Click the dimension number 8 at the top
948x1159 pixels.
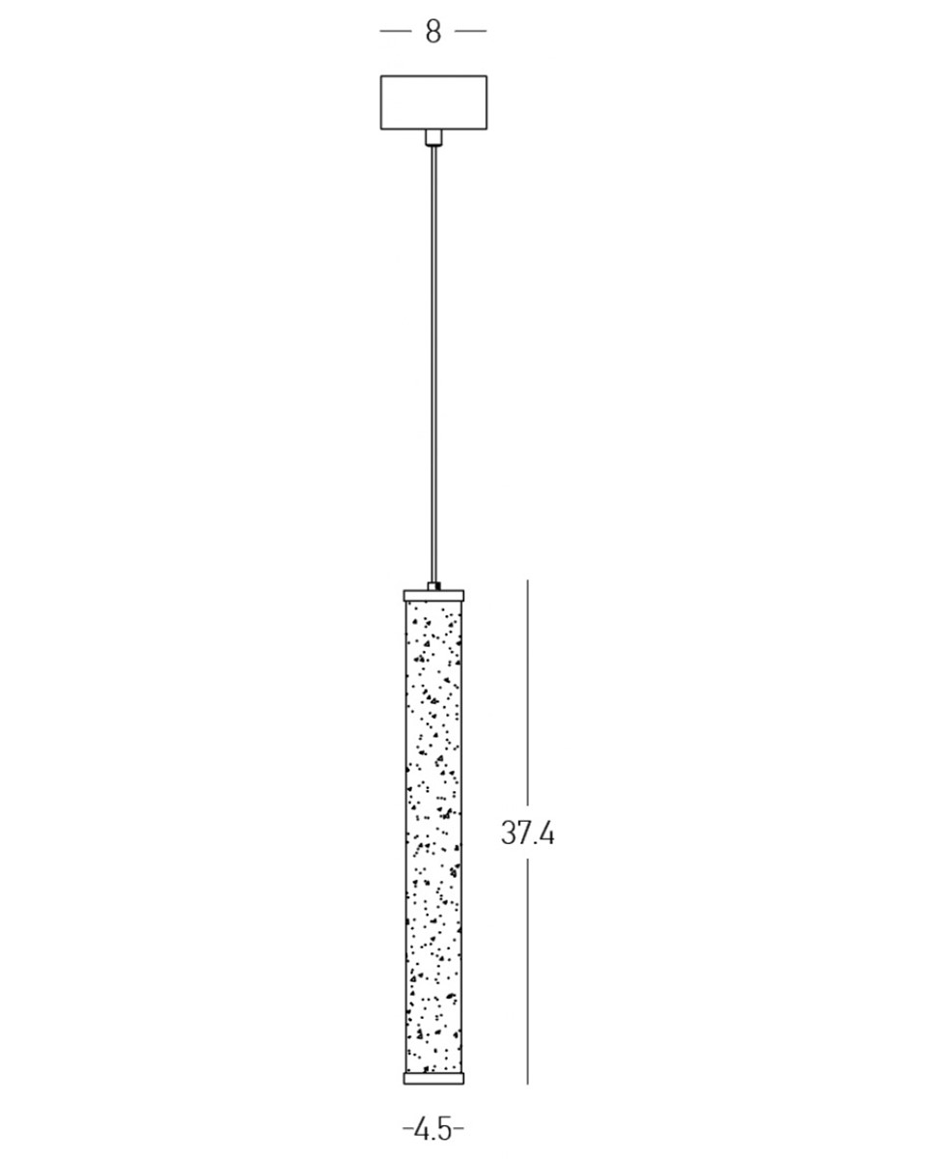tap(432, 31)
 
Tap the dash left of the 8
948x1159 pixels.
tap(396, 31)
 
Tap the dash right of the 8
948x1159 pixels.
tap(471, 31)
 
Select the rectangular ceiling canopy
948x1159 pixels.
tap(433, 102)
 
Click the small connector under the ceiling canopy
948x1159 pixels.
tap(433, 137)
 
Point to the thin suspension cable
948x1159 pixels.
tap(433, 364)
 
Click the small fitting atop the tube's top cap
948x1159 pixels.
tap(433, 586)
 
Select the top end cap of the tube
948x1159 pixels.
tap(433, 596)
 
